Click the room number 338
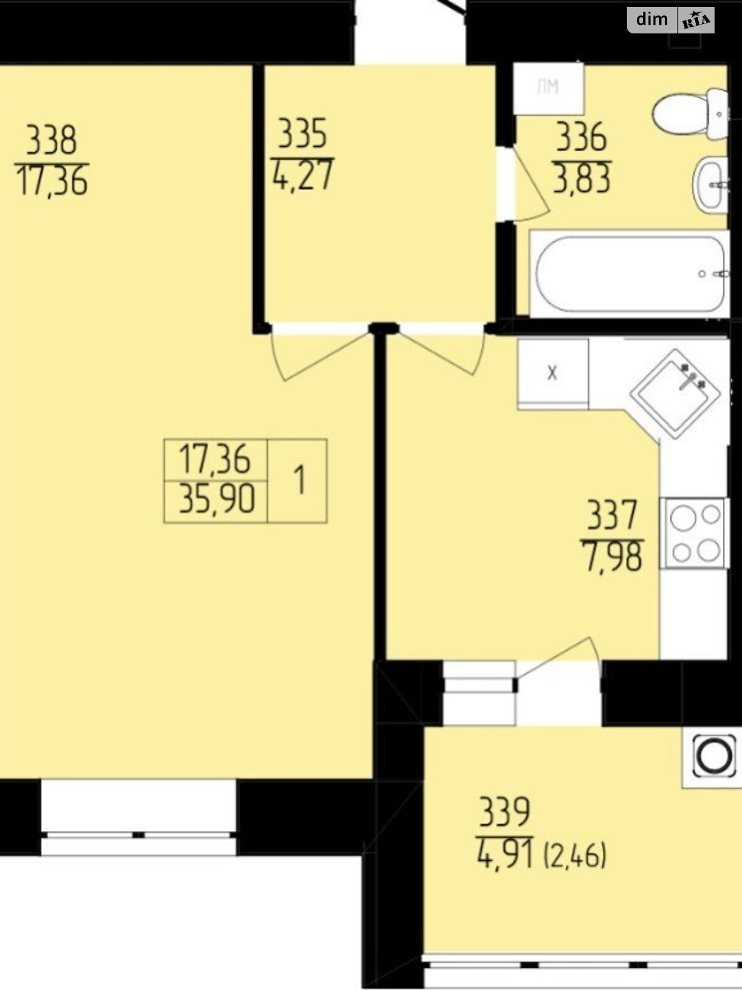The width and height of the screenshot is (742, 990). (52, 140)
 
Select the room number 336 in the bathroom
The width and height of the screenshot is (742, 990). (582, 137)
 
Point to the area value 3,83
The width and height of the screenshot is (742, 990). (582, 179)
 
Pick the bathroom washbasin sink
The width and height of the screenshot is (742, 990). (710, 184)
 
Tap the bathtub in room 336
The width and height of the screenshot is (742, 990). (629, 273)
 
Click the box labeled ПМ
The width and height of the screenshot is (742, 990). (548, 88)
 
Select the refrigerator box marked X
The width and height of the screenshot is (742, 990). (553, 374)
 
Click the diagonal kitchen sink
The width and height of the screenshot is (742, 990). (675, 394)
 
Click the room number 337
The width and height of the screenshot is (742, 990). (612, 515)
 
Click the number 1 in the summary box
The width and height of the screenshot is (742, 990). (299, 480)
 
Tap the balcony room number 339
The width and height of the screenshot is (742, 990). (504, 812)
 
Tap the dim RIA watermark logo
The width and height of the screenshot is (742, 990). (670, 20)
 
